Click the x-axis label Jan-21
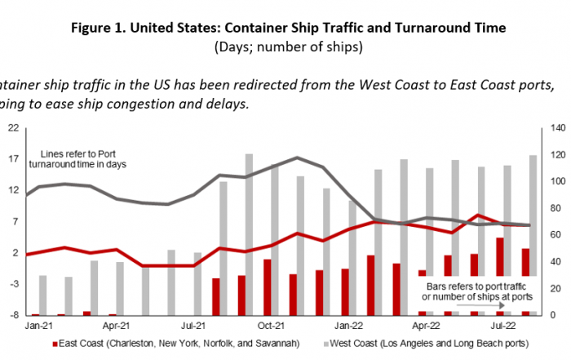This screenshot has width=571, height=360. click(x=33, y=323)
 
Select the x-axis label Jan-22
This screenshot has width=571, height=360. click(x=352, y=323)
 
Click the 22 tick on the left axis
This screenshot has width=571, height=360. click(x=14, y=128)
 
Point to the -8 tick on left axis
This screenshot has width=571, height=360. click(x=14, y=314)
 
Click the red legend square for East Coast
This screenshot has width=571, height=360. click(x=54, y=343)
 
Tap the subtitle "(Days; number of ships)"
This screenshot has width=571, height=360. click(x=285, y=47)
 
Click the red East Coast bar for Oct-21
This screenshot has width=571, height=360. click(x=267, y=287)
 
